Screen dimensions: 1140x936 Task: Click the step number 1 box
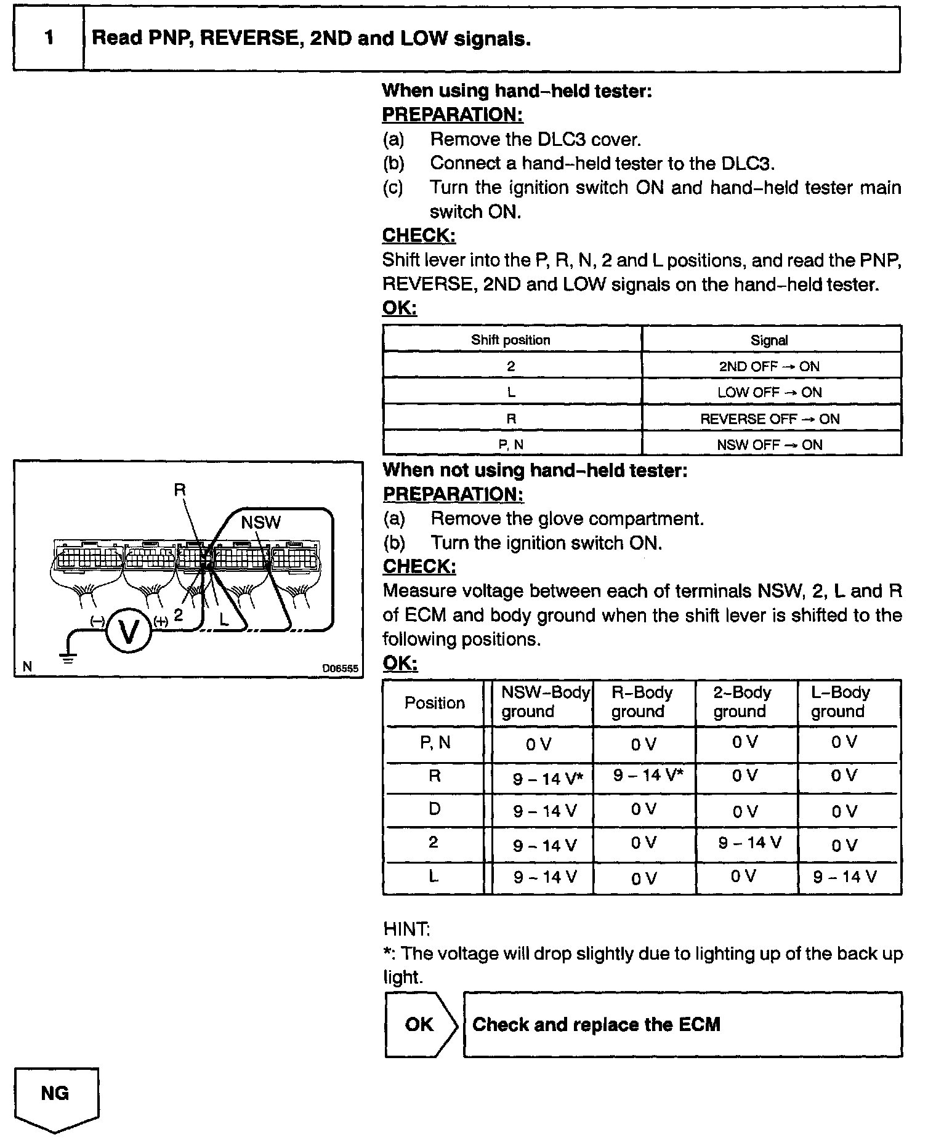[49, 39]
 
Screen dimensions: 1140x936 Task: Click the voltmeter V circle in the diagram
[129, 631]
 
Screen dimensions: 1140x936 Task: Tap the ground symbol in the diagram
[68, 657]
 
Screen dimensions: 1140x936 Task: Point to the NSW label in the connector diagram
[260, 523]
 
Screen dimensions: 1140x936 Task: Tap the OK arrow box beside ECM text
[421, 1024]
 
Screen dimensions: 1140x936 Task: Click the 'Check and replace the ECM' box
[682, 1024]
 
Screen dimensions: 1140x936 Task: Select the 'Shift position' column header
[511, 340]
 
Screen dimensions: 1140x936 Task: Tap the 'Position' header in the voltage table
[435, 703]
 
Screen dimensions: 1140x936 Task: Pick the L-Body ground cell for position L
[844, 877]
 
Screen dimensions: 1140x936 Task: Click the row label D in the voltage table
[435, 809]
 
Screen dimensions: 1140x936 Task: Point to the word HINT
[406, 929]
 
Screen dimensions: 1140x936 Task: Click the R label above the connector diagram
[180, 491]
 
